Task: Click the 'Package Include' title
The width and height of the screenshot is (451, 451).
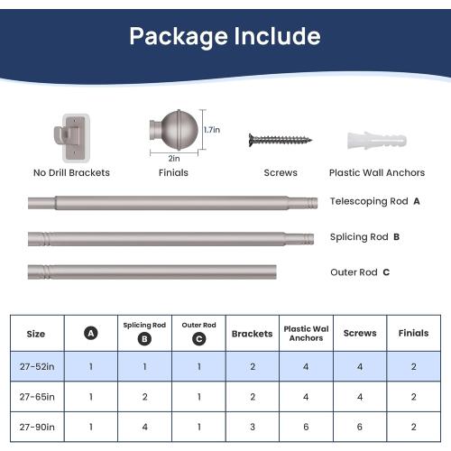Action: click(x=225, y=37)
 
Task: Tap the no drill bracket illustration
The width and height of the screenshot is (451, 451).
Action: click(x=72, y=138)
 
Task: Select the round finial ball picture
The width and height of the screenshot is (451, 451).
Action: click(x=174, y=130)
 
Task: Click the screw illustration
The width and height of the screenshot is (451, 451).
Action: click(x=281, y=140)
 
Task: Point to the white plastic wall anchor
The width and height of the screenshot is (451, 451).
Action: click(x=377, y=140)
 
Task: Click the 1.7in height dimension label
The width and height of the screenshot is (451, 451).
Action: click(x=212, y=130)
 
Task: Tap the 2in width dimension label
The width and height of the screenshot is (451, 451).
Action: click(x=174, y=159)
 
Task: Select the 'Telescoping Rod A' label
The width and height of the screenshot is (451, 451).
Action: click(x=374, y=201)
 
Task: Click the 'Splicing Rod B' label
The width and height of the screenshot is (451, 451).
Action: click(x=364, y=237)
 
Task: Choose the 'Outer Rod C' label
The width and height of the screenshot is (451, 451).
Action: click(x=360, y=272)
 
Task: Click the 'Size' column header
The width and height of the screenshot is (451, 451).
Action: click(x=36, y=334)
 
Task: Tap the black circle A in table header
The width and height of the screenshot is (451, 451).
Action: click(x=91, y=333)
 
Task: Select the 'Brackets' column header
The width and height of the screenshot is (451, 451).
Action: click(x=252, y=334)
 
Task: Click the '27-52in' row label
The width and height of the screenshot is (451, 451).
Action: click(x=37, y=366)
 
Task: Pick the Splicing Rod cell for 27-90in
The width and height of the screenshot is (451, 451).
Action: click(x=144, y=427)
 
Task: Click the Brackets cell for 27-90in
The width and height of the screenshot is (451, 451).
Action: click(x=253, y=427)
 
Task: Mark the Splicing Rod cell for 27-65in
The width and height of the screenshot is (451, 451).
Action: click(x=144, y=397)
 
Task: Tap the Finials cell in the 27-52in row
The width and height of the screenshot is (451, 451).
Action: click(x=414, y=366)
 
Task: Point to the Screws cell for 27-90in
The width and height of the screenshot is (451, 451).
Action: click(x=360, y=427)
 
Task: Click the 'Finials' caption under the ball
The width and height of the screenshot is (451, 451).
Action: click(x=173, y=172)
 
